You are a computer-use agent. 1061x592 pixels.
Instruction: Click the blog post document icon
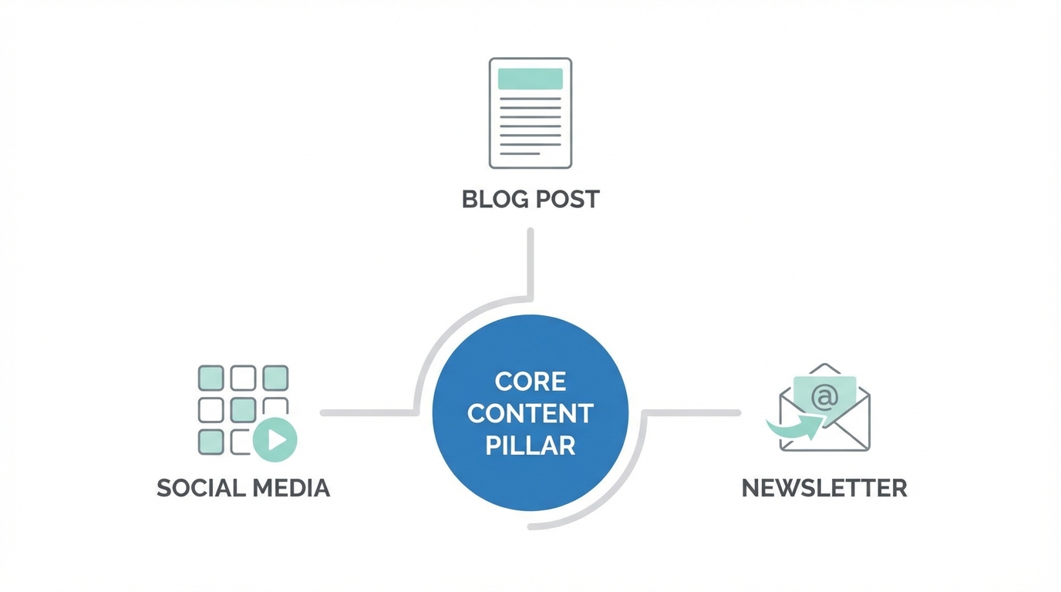[530, 113]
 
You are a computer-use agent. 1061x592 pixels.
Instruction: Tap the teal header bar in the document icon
[530, 79]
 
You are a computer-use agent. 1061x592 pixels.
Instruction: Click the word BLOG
[493, 199]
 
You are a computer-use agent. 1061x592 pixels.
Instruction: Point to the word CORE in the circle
[530, 381]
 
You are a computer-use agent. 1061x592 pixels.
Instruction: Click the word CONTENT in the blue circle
[530, 413]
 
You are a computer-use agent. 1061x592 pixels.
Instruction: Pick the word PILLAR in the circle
[530, 446]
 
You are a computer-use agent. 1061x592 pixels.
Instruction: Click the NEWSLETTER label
[824, 488]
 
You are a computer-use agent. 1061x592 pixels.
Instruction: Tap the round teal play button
[275, 439]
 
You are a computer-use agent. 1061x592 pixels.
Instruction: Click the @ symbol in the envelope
[824, 398]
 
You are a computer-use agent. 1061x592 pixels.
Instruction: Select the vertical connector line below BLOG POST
[530, 262]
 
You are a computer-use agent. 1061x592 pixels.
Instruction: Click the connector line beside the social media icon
[367, 413]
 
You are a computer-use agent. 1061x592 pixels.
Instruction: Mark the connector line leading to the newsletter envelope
[694, 413]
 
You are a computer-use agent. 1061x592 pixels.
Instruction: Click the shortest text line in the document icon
[520, 153]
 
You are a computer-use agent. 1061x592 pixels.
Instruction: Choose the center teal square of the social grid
[243, 410]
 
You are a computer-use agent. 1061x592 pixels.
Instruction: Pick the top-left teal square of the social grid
[211, 378]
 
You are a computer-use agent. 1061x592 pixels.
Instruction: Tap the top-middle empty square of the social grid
[243, 378]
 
